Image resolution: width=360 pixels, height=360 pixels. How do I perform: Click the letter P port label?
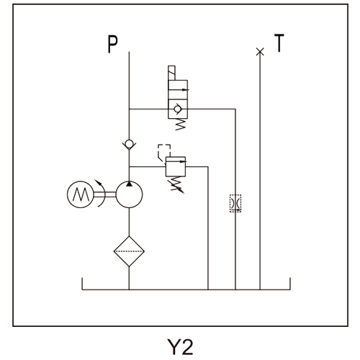point(112,44)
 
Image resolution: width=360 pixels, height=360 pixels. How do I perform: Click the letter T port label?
point(279,42)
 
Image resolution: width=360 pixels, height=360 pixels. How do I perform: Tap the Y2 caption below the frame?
point(180,347)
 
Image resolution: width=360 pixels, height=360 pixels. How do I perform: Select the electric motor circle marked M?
point(80,194)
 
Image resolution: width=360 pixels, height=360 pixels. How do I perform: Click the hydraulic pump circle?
point(129,194)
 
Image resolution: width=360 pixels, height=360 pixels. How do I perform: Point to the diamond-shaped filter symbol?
point(129,251)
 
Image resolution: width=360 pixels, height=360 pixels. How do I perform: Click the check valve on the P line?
point(129,144)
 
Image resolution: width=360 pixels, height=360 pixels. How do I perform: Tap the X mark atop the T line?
point(260,52)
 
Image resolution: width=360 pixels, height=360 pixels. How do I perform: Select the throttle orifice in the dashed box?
point(235,203)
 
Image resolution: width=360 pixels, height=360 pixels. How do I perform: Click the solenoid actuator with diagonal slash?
point(171,73)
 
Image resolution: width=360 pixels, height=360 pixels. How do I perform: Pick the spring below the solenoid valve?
point(181,124)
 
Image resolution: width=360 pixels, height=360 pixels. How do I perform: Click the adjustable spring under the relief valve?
point(178,184)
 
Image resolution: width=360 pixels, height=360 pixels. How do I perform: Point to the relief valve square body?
point(176,166)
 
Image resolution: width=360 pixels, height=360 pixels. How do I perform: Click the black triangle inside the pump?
point(129,184)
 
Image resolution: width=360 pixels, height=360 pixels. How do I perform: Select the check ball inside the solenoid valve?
point(178,109)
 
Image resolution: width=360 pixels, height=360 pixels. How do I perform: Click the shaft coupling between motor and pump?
point(104,194)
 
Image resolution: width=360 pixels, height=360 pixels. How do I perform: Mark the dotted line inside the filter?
point(129,251)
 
